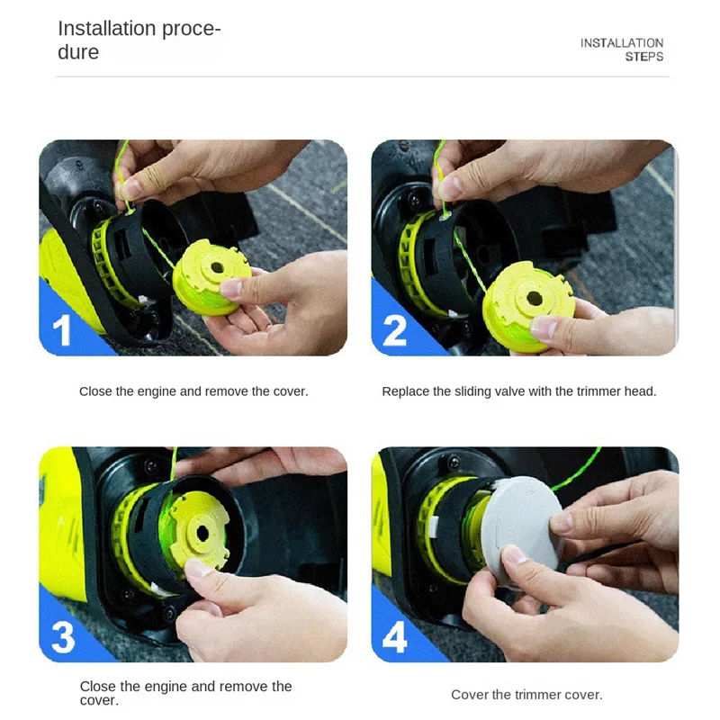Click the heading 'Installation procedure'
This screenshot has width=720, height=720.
tap(139, 40)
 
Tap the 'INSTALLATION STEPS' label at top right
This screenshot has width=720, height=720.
tap(622, 49)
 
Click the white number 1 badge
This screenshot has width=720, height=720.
tap(62, 330)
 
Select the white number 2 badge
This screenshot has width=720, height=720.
tap(395, 330)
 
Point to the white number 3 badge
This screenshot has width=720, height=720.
tap(63, 637)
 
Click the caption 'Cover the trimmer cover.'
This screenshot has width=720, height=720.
tap(526, 695)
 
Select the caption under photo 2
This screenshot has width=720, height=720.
tap(519, 391)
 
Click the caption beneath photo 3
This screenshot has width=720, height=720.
tap(185, 693)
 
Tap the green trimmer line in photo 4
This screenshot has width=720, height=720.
tap(576, 473)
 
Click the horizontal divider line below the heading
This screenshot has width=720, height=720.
tap(360, 76)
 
